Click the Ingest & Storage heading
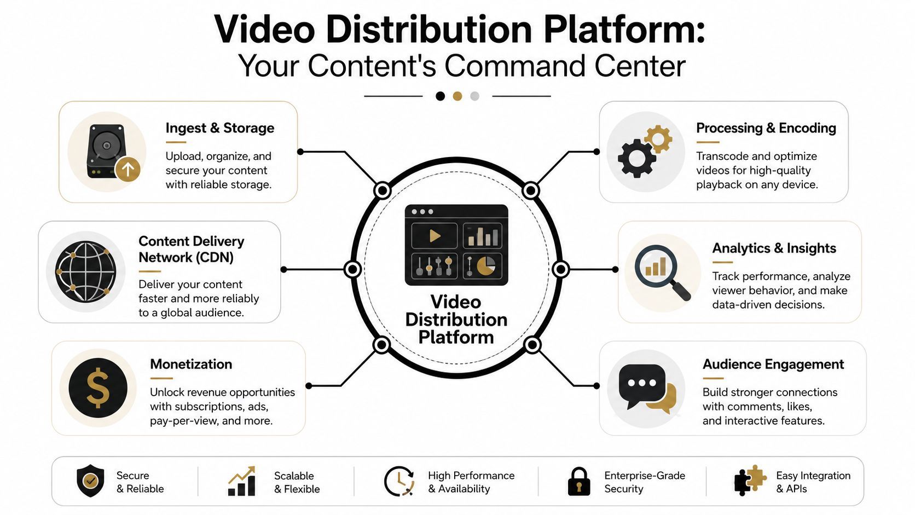click(220, 128)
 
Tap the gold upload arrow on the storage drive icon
click(128, 169)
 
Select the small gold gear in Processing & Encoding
click(658, 139)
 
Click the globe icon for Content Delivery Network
click(85, 271)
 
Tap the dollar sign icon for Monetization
click(98, 387)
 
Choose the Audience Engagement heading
click(773, 364)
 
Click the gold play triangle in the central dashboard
click(435, 236)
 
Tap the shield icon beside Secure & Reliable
click(90, 481)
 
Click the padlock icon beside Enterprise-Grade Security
click(579, 482)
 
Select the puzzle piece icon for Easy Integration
click(750, 481)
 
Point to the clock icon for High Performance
click(399, 481)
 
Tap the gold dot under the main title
click(457, 96)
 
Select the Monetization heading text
click(191, 364)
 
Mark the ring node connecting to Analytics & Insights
click(560, 269)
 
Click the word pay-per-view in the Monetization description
click(184, 421)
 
